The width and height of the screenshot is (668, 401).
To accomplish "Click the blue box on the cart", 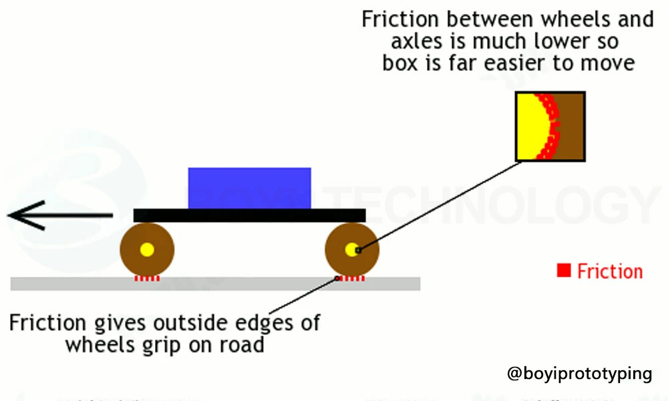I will click(x=249, y=188).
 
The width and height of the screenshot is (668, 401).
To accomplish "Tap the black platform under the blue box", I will click(x=249, y=215).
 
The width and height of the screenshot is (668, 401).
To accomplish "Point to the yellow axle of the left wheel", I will click(x=147, y=250).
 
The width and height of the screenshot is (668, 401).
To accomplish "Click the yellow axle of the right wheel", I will click(x=352, y=250).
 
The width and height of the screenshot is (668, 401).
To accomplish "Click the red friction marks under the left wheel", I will click(x=147, y=278).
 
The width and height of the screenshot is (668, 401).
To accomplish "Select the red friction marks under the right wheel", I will click(x=352, y=278).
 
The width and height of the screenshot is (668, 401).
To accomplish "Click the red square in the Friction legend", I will click(x=564, y=271).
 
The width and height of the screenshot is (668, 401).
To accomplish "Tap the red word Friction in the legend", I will click(x=610, y=271).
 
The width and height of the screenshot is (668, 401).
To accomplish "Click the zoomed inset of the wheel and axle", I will click(x=550, y=126).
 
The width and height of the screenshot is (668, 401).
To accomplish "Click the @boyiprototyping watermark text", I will click(x=579, y=373).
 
